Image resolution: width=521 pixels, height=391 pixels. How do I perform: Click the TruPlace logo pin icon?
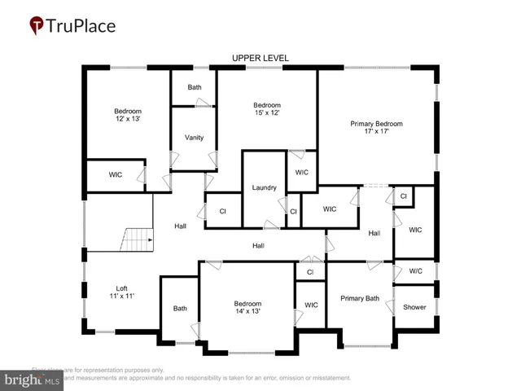[37, 26]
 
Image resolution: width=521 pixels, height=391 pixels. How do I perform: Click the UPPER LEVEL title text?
[260, 58]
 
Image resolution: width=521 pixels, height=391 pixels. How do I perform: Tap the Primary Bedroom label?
[376, 128]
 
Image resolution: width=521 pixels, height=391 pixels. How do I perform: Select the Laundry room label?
[265, 187]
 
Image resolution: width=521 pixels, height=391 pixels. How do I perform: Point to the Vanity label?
[194, 137]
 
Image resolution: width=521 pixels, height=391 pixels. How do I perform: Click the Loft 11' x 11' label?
[121, 292]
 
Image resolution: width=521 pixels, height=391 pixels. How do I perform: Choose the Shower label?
[414, 307]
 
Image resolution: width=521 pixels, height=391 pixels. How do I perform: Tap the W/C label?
[415, 271]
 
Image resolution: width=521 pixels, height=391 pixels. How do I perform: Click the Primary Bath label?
[359, 298]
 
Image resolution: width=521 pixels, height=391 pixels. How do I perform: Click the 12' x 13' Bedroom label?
[127, 116]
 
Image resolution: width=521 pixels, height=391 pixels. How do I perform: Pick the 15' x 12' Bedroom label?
[266, 109]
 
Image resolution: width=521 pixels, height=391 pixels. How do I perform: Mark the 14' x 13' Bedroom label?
[247, 307]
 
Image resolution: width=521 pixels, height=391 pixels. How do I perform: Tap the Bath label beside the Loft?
[179, 308]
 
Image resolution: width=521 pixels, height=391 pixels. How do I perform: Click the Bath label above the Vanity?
[194, 87]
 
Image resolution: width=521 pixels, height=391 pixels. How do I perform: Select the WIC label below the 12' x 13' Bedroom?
[116, 174]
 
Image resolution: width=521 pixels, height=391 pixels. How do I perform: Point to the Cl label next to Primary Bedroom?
[403, 196]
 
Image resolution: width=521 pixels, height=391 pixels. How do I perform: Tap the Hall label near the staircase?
[181, 226]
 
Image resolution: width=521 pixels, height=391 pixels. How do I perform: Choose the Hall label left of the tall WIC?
[374, 234]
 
